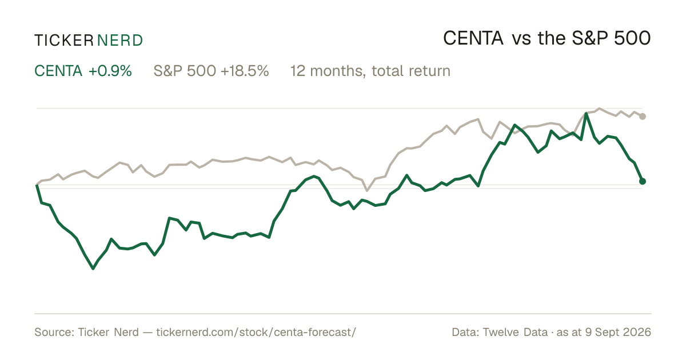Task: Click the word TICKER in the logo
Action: pos(63,41)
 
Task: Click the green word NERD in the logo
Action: pos(119,41)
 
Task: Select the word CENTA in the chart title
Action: pos(473,38)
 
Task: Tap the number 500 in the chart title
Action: pos(632,38)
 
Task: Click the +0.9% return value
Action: pos(110,71)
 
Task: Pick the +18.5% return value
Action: pos(245,71)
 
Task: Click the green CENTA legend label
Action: pos(58,71)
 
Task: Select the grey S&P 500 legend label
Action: pos(185,71)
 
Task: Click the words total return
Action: pos(411,71)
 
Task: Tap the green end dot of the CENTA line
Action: pos(643,181)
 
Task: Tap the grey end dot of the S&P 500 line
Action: pos(643,117)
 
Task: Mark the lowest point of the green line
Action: pos(93,269)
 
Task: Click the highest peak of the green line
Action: pos(586,114)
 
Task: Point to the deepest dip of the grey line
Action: pos(367,191)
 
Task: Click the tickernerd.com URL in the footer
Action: pos(256,332)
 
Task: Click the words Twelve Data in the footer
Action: pos(515,332)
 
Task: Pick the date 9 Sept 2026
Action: pos(618,332)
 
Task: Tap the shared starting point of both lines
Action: pos(37,185)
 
